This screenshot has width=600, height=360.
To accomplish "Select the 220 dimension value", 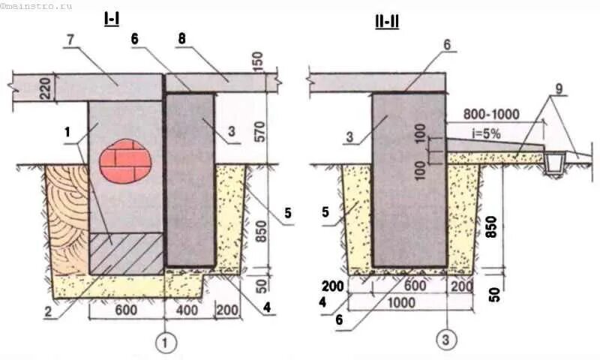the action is (x=23, y=88).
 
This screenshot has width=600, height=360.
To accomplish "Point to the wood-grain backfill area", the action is (x=66, y=221).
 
